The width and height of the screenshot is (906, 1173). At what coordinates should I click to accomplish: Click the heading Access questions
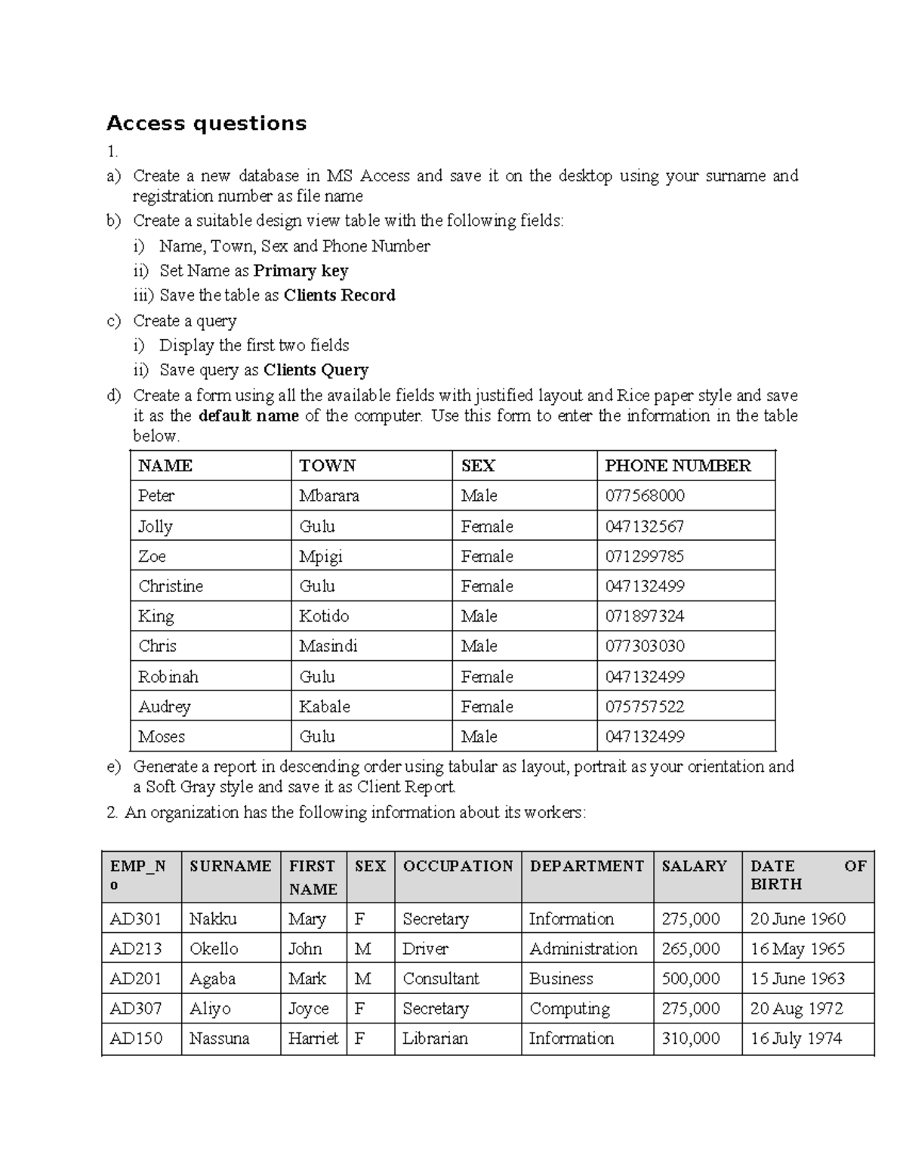[206, 124]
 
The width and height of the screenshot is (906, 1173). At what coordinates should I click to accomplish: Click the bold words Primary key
[300, 271]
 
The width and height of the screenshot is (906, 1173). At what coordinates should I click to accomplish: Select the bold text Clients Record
[339, 295]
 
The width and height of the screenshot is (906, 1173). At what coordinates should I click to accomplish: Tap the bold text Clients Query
[316, 370]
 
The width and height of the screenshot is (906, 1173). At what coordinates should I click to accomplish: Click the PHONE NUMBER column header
[677, 466]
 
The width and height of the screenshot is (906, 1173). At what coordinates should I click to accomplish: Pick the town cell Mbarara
[329, 496]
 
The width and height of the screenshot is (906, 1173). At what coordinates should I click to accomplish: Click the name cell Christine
[171, 586]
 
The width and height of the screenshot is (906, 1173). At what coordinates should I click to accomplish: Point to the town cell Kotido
[324, 616]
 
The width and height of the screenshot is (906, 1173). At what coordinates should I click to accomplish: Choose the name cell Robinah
[168, 677]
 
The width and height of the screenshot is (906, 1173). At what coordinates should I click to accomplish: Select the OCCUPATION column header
[458, 866]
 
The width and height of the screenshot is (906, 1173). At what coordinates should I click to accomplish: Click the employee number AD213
[136, 949]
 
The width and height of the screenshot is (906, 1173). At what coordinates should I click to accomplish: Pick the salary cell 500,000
[690, 979]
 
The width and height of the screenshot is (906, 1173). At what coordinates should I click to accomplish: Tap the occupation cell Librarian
[435, 1039]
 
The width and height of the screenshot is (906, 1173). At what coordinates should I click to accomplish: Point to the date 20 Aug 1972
[797, 1009]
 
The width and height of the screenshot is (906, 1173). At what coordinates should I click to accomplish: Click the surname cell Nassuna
[219, 1039]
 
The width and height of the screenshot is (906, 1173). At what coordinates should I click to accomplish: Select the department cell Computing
[569, 1009]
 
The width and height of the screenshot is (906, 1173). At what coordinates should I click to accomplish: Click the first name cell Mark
[307, 979]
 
